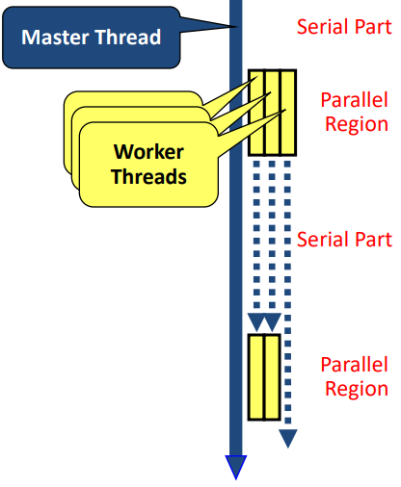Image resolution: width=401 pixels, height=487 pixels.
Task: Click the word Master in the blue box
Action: pyautogui.click(x=57, y=38)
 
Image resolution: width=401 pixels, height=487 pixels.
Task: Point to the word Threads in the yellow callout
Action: pyautogui.click(x=148, y=176)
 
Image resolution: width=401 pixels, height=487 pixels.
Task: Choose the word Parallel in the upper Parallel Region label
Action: pyautogui.click(x=355, y=101)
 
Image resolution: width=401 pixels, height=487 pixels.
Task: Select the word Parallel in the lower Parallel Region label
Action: pyautogui.click(x=355, y=365)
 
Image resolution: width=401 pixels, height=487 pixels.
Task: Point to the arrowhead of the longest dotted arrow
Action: pyautogui.click(x=288, y=439)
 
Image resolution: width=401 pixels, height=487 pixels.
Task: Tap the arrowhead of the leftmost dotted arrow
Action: pyautogui.click(x=255, y=320)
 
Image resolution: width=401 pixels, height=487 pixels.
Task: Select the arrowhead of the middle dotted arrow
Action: pyautogui.click(x=272, y=320)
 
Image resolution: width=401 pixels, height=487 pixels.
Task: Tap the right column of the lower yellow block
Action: pyautogui.click(x=272, y=376)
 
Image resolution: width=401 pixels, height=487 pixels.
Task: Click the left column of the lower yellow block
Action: pyautogui.click(x=256, y=376)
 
